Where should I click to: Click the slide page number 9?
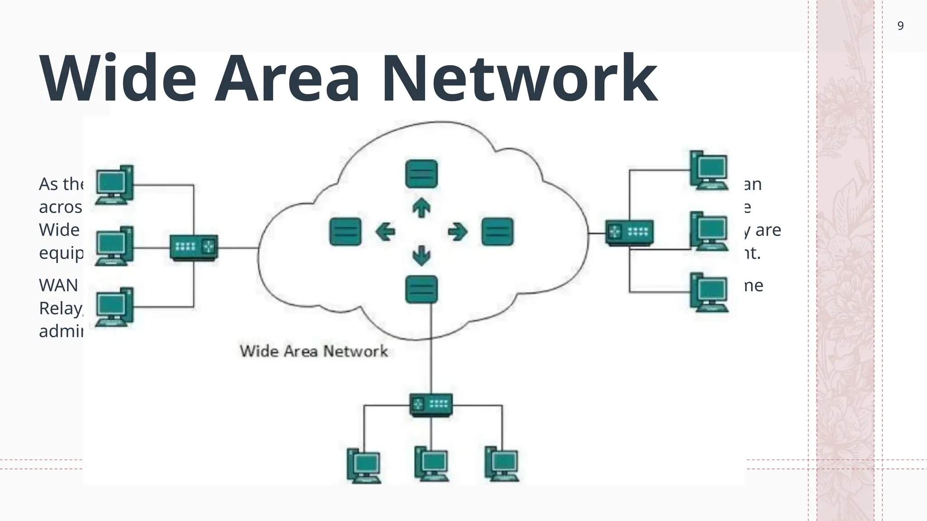(900, 26)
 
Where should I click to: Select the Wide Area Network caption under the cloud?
(314, 351)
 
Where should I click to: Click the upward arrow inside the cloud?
(421, 208)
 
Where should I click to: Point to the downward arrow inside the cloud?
(421, 256)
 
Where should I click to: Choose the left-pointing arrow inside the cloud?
(385, 232)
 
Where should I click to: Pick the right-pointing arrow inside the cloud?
(457, 232)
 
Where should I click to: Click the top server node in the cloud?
(421, 174)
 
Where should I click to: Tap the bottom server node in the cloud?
(421, 289)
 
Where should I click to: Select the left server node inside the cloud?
(345, 232)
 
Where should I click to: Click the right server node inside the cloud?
(497, 232)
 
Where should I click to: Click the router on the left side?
(194, 247)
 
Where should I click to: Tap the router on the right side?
(630, 233)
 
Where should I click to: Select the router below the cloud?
(431, 404)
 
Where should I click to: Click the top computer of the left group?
(114, 185)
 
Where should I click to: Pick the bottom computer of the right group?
(709, 292)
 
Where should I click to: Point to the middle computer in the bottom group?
(431, 464)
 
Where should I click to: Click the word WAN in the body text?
(58, 285)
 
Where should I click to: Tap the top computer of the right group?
(709, 170)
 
